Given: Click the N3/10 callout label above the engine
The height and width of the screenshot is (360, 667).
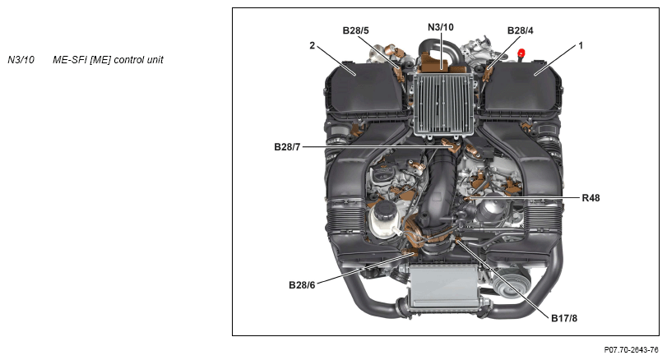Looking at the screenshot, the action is [441, 27].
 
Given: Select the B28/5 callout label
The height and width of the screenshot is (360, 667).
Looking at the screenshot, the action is [355, 30].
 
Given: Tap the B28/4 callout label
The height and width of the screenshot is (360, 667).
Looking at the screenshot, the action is [521, 30].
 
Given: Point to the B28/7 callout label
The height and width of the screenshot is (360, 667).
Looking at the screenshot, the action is [287, 147].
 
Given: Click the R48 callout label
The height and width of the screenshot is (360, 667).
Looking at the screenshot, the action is [591, 197].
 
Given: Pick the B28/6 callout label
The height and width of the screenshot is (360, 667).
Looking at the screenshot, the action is [302, 284].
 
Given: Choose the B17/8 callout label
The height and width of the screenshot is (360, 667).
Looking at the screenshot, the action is [564, 318].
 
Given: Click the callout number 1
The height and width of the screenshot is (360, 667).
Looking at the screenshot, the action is [581, 45].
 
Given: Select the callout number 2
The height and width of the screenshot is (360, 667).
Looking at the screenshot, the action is [313, 45].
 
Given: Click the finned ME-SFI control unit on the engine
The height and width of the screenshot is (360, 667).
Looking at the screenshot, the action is [442, 104].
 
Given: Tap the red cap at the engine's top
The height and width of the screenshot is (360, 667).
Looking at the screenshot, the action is [521, 53].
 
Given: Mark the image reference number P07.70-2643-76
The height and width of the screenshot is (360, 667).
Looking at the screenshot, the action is [632, 350].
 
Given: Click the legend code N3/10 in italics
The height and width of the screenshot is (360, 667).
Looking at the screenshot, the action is [21, 60].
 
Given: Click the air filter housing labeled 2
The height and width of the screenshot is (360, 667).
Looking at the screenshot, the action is [363, 90].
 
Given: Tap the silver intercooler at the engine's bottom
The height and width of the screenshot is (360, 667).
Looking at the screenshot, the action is [442, 284].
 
